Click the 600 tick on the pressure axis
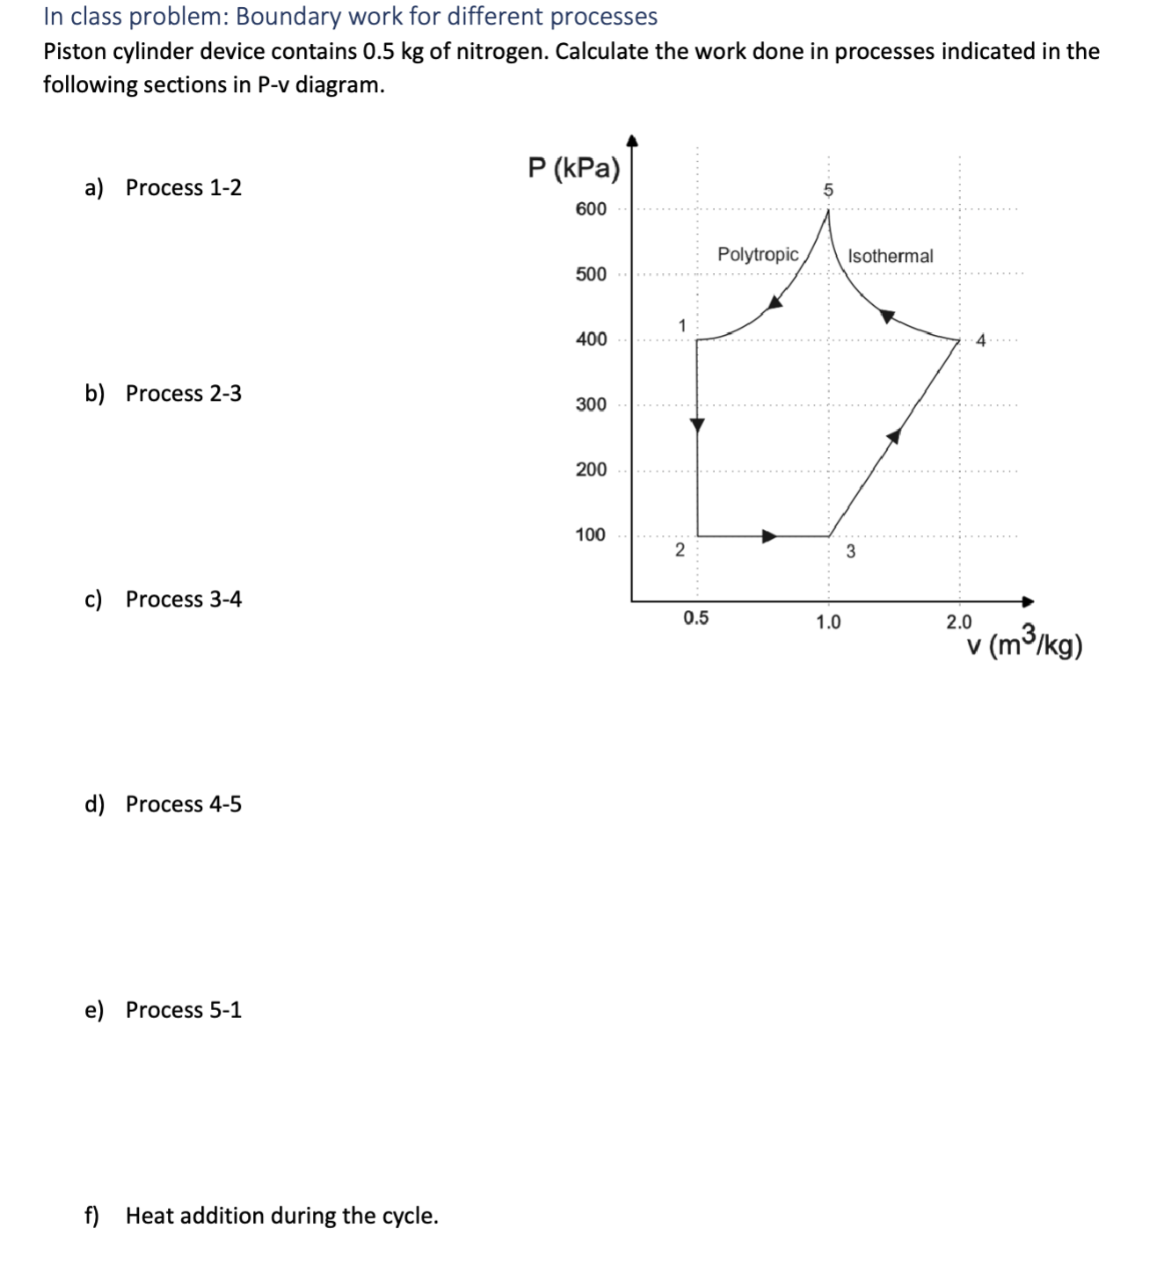point(591,209)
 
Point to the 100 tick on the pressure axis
point(591,534)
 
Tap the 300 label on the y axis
point(591,404)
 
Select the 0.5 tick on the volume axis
point(695,618)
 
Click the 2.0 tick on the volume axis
point(959,622)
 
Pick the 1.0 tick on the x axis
point(828,622)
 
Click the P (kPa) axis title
point(573,167)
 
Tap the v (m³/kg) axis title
point(1024,645)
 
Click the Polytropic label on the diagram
point(758,255)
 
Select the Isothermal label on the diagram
point(890,256)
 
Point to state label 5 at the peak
point(827,190)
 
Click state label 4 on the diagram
point(982,340)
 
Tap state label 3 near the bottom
point(850,552)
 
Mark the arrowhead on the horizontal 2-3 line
point(769,536)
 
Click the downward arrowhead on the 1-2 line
point(697,425)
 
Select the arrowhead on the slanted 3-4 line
point(894,436)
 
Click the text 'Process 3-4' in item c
point(183,599)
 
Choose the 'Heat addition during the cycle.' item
point(281,1216)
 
